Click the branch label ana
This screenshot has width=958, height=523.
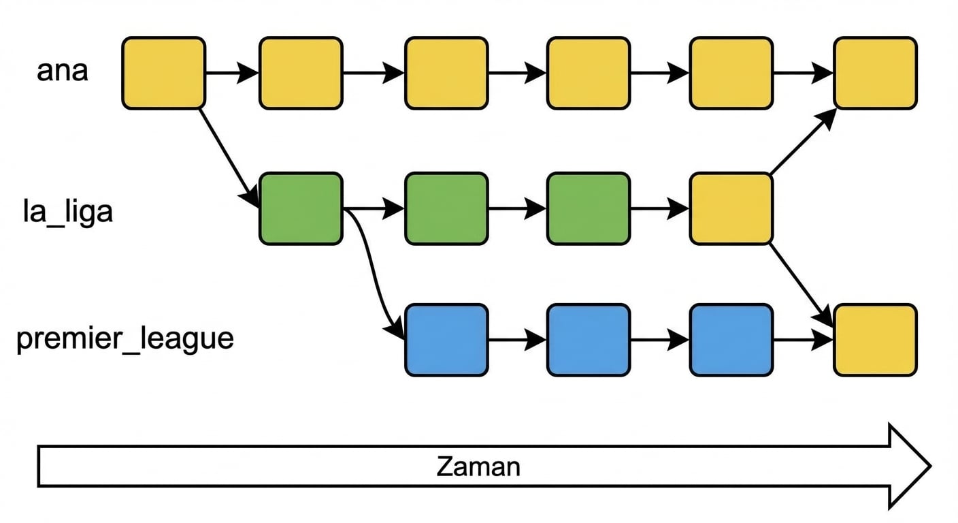click(62, 72)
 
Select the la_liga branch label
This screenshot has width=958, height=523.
click(68, 212)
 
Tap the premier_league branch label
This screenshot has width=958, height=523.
click(125, 338)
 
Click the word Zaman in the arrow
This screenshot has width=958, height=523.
click(478, 466)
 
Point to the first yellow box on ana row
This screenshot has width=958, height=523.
click(163, 73)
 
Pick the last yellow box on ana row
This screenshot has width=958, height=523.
click(875, 73)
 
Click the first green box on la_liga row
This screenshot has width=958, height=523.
click(300, 208)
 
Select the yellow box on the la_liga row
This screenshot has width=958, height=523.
click(731, 208)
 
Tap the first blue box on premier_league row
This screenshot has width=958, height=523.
click(446, 340)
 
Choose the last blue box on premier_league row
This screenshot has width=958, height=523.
click(731, 340)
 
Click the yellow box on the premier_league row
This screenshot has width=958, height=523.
click(875, 340)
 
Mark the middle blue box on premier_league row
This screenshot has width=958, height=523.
click(589, 340)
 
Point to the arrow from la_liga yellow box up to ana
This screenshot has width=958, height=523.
click(803, 142)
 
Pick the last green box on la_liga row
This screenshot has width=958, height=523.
click(589, 208)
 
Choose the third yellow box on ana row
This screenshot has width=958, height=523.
click(446, 73)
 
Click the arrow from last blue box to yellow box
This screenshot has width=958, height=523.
click(803, 340)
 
